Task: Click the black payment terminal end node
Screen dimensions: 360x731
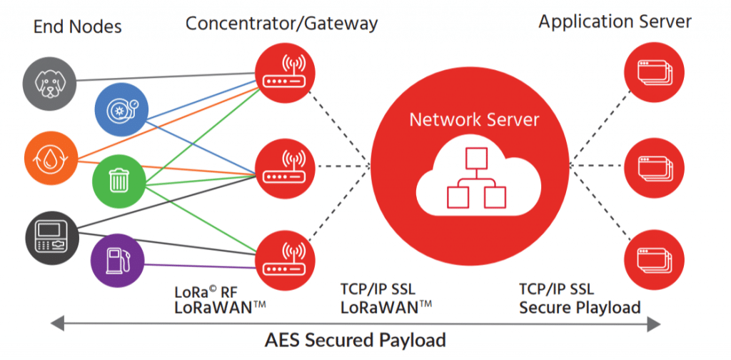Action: pos(47,235)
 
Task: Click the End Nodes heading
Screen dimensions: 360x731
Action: pos(77,27)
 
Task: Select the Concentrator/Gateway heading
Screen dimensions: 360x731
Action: pos(281,24)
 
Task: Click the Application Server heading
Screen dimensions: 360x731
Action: pos(615,22)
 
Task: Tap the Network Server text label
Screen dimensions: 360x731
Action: pos(474,119)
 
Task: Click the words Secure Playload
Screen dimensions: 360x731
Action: pos(579,308)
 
